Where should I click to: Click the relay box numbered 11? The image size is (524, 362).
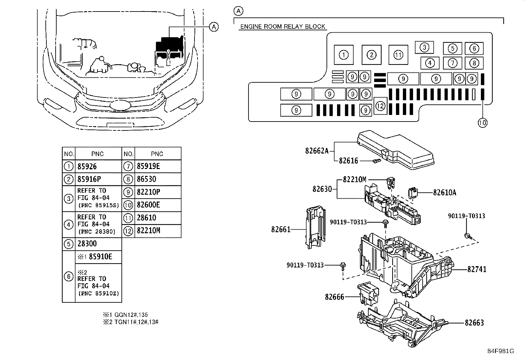coord(398,55)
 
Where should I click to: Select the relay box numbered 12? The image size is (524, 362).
coord(380,106)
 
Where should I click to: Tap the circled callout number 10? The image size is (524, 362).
coord(482,123)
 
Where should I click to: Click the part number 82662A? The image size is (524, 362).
coord(317,151)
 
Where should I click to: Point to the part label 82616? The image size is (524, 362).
coord(348,161)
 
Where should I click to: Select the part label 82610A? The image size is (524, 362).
coord(444,192)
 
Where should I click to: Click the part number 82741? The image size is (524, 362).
coord(477,269)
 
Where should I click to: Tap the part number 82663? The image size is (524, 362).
coord(474,323)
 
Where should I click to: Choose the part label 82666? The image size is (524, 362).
coord(334,297)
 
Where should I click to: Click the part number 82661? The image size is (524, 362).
coord(281,229)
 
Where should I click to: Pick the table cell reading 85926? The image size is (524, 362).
coord(98,166)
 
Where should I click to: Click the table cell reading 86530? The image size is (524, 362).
coord(158,179)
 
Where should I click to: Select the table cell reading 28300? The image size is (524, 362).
coord(98,244)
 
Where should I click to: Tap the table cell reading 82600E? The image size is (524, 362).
coord(158,205)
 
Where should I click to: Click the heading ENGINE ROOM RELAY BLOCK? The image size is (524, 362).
coord(283,26)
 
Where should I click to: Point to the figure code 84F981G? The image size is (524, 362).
coord(501,351)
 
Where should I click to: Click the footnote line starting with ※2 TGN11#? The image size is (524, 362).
coord(131,322)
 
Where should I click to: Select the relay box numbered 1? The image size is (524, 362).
coord(344,55)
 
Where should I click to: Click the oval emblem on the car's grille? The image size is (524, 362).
coord(120,105)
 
